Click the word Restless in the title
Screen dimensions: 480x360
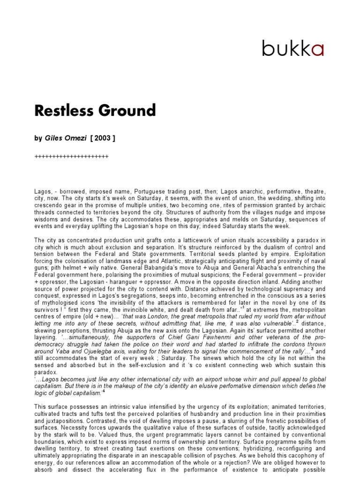pos(62,111)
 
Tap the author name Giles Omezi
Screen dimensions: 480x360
pos(66,138)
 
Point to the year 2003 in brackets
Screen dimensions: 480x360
pos(103,138)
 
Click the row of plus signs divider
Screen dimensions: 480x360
pos(72,157)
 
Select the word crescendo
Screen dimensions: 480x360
pos(49,205)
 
